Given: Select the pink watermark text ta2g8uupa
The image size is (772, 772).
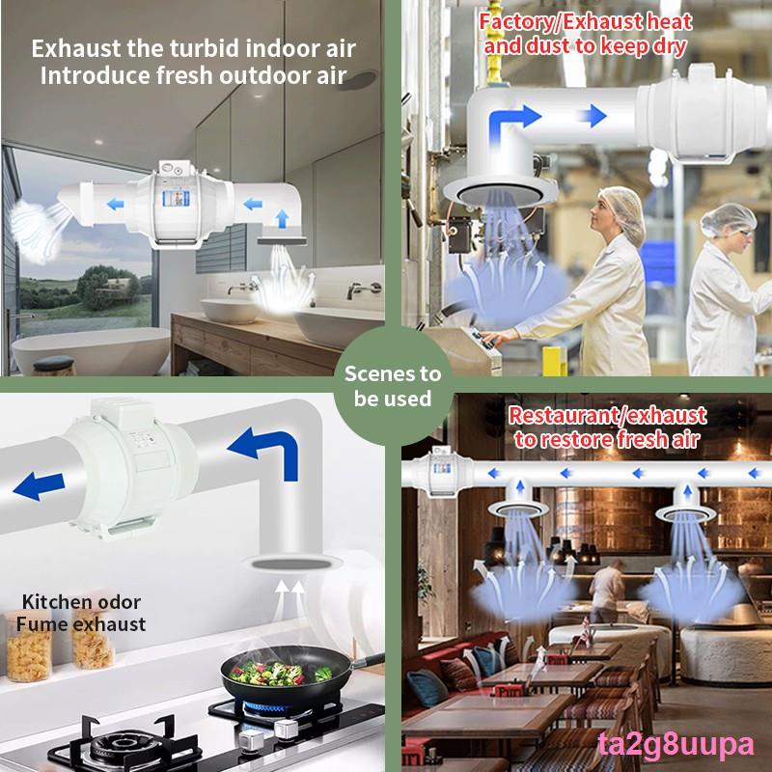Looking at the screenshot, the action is click(675, 746).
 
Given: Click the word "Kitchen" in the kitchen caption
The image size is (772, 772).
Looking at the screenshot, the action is click(55, 602).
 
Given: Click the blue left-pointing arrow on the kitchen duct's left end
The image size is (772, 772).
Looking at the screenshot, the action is click(39, 486).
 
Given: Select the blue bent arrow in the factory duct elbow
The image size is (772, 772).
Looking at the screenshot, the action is click(512, 124).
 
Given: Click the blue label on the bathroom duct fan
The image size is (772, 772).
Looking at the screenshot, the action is click(176, 199).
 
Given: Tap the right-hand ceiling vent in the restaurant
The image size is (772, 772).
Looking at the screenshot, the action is click(685, 513).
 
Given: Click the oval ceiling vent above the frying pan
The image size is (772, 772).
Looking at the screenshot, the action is click(294, 564).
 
